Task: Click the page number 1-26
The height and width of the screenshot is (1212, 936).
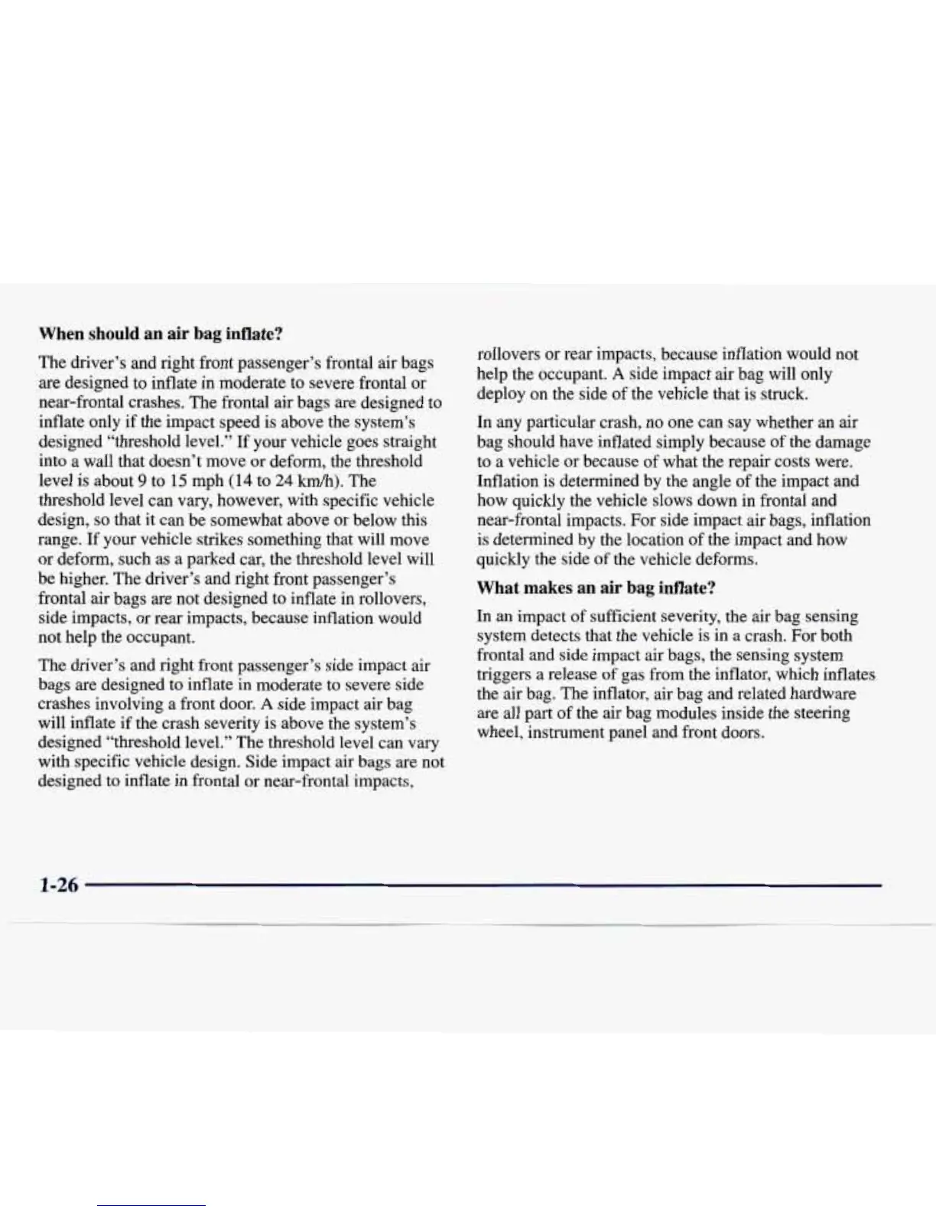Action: click(58, 885)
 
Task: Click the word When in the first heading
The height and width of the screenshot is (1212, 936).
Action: click(62, 334)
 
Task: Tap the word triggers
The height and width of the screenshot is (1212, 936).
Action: click(501, 675)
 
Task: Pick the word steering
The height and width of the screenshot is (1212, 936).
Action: click(821, 713)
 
